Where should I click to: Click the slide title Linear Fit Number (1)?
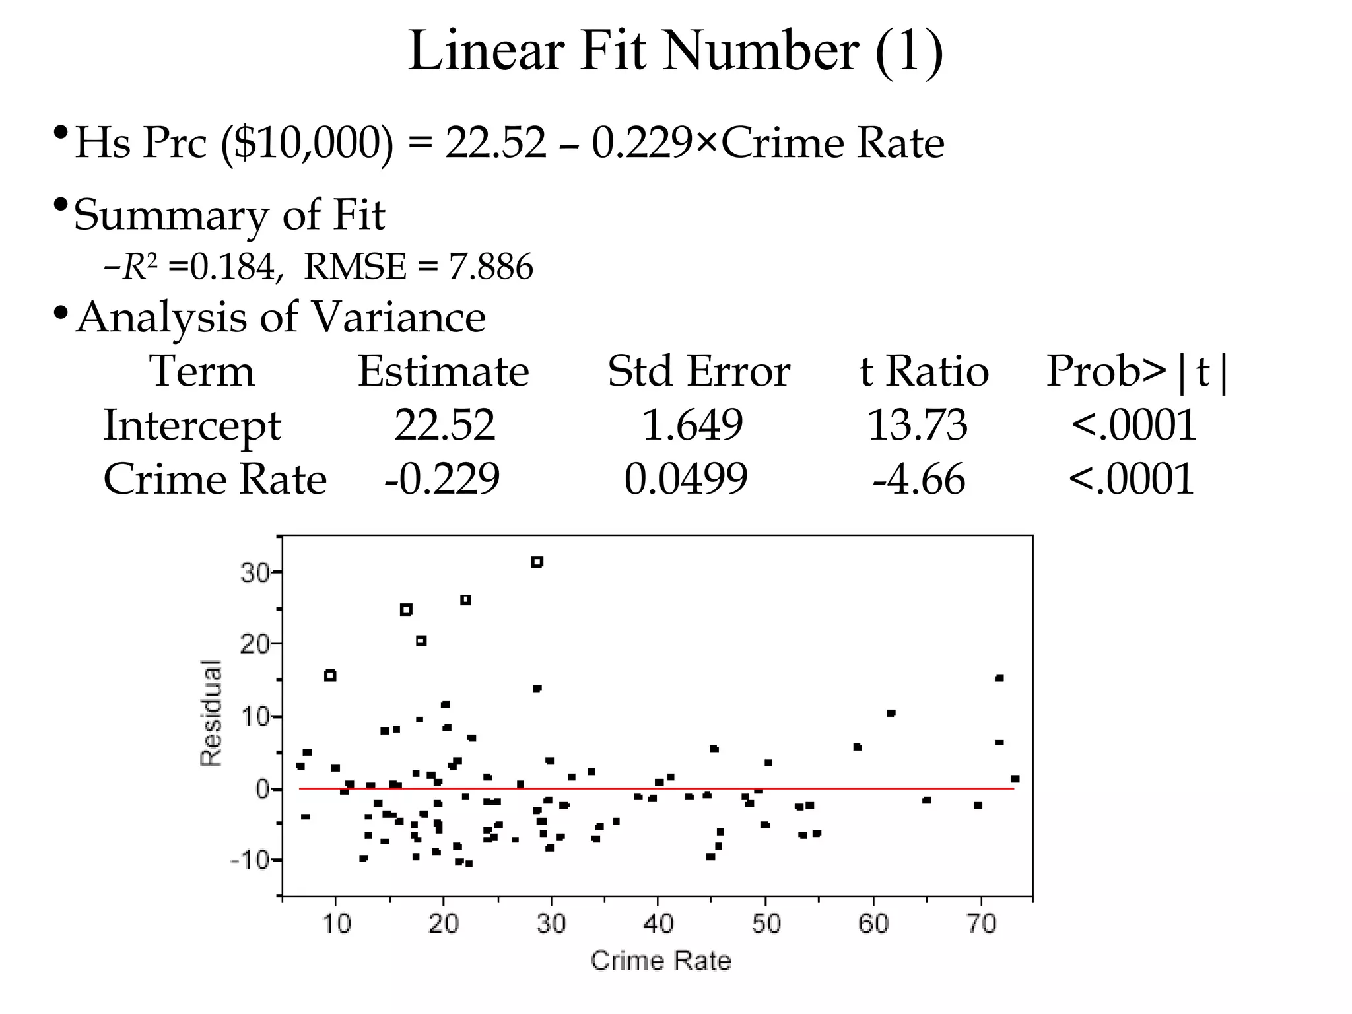675,51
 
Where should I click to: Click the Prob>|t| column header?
1137,371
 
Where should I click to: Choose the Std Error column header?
698,371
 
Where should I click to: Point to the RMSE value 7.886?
490,267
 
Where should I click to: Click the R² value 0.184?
232,267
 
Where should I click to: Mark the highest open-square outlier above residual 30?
537,562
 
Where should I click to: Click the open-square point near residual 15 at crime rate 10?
330,675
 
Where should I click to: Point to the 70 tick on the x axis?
981,923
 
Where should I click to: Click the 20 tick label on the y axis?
255,644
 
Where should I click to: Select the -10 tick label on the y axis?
250,861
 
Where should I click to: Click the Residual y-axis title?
211,713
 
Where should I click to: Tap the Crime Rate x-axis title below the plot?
661,961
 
